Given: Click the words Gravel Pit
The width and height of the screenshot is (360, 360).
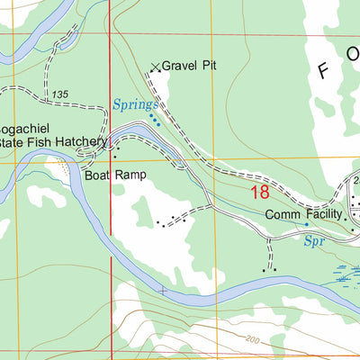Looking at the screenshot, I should click(x=191, y=66).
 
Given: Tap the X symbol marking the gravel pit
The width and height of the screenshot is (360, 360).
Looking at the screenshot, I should click(x=155, y=66).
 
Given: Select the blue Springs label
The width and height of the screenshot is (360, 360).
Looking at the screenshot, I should click(x=135, y=105).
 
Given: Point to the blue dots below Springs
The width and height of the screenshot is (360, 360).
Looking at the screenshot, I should click(x=155, y=120).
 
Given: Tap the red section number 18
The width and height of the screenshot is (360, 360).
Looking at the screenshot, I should click(x=260, y=192).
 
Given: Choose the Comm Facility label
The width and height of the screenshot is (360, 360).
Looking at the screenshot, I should click(x=304, y=215).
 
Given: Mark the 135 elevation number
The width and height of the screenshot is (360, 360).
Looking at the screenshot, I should click(x=60, y=94).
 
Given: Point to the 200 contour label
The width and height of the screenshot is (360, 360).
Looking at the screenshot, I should click(x=251, y=337).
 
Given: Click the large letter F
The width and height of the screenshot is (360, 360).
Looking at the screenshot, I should click(x=322, y=71).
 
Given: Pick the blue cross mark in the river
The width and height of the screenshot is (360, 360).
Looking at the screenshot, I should click(x=163, y=291).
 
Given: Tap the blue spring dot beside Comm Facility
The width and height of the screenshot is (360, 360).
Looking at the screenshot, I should click(x=307, y=224).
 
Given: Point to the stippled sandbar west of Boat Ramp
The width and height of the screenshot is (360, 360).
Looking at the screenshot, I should click(x=61, y=165).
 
